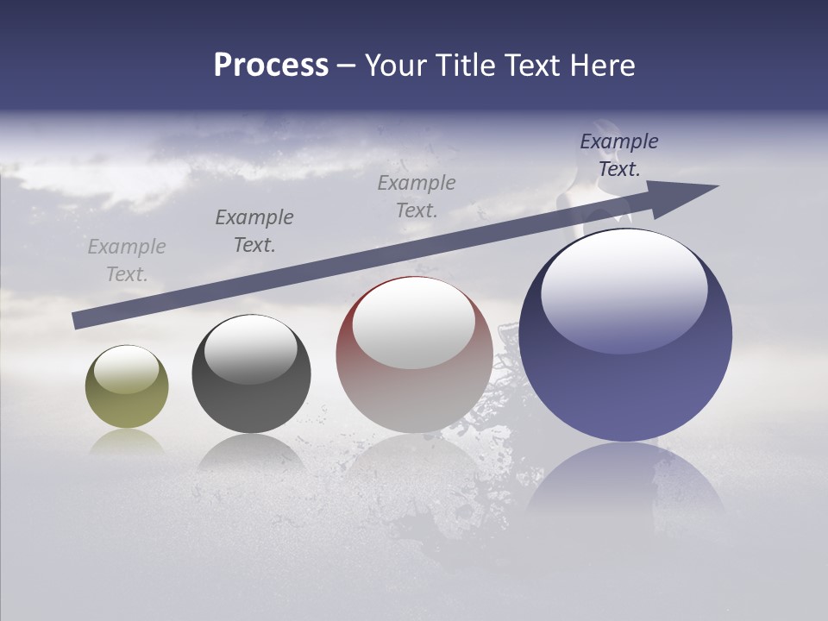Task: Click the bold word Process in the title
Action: [x=271, y=66]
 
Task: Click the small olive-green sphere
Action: [x=127, y=405]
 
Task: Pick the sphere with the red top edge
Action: [x=414, y=388]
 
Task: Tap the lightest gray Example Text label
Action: [x=127, y=260]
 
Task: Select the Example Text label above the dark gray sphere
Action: [x=254, y=231]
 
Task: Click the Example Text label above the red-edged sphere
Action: [x=417, y=197]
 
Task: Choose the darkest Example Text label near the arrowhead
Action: [x=619, y=155]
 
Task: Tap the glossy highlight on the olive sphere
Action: [x=127, y=369]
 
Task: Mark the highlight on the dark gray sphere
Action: [x=251, y=349]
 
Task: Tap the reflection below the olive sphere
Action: [x=127, y=441]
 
